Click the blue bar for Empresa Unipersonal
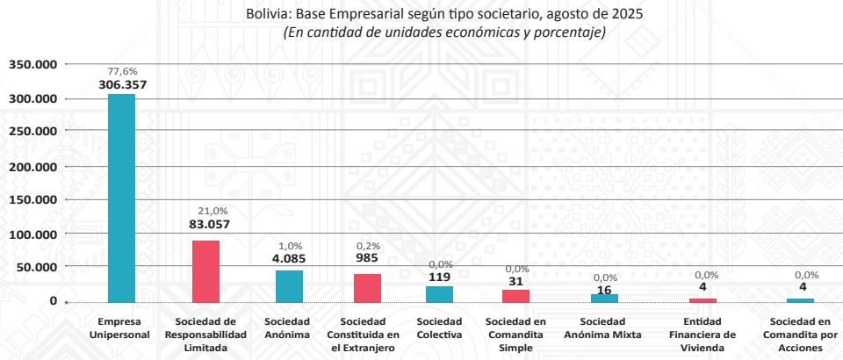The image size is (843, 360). click(121, 198)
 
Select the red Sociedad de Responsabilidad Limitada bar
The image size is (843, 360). click(205, 271)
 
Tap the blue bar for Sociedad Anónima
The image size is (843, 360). click(289, 285)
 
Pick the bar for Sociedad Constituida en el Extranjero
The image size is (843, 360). click(367, 287)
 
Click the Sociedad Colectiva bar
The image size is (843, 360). click(439, 294)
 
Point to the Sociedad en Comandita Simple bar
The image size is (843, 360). click(515, 296)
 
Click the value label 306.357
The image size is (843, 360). click(121, 85)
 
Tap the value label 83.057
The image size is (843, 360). click(209, 224)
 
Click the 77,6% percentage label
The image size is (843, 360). click(122, 71)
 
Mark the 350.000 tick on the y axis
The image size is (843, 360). click(33, 64)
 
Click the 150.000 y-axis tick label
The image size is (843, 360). click(33, 199)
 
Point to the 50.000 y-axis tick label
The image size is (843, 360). click(38, 267)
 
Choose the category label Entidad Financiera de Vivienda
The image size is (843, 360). click(702, 335)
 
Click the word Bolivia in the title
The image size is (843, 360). click(271, 15)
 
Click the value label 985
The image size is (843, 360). click(367, 258)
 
